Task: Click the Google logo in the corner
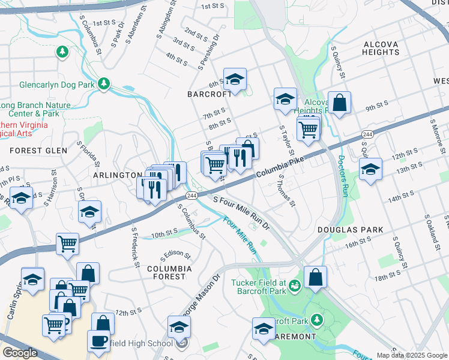[20, 352]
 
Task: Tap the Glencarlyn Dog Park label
[57, 85]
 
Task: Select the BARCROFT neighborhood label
[209, 94]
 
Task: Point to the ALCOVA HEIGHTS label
[381, 48]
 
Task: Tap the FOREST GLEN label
[38, 151]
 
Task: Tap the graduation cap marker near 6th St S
[235, 79]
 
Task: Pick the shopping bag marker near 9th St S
[339, 102]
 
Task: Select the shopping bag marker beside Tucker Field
[315, 277]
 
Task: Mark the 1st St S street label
[212, 7]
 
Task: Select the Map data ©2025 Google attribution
[412, 355]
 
